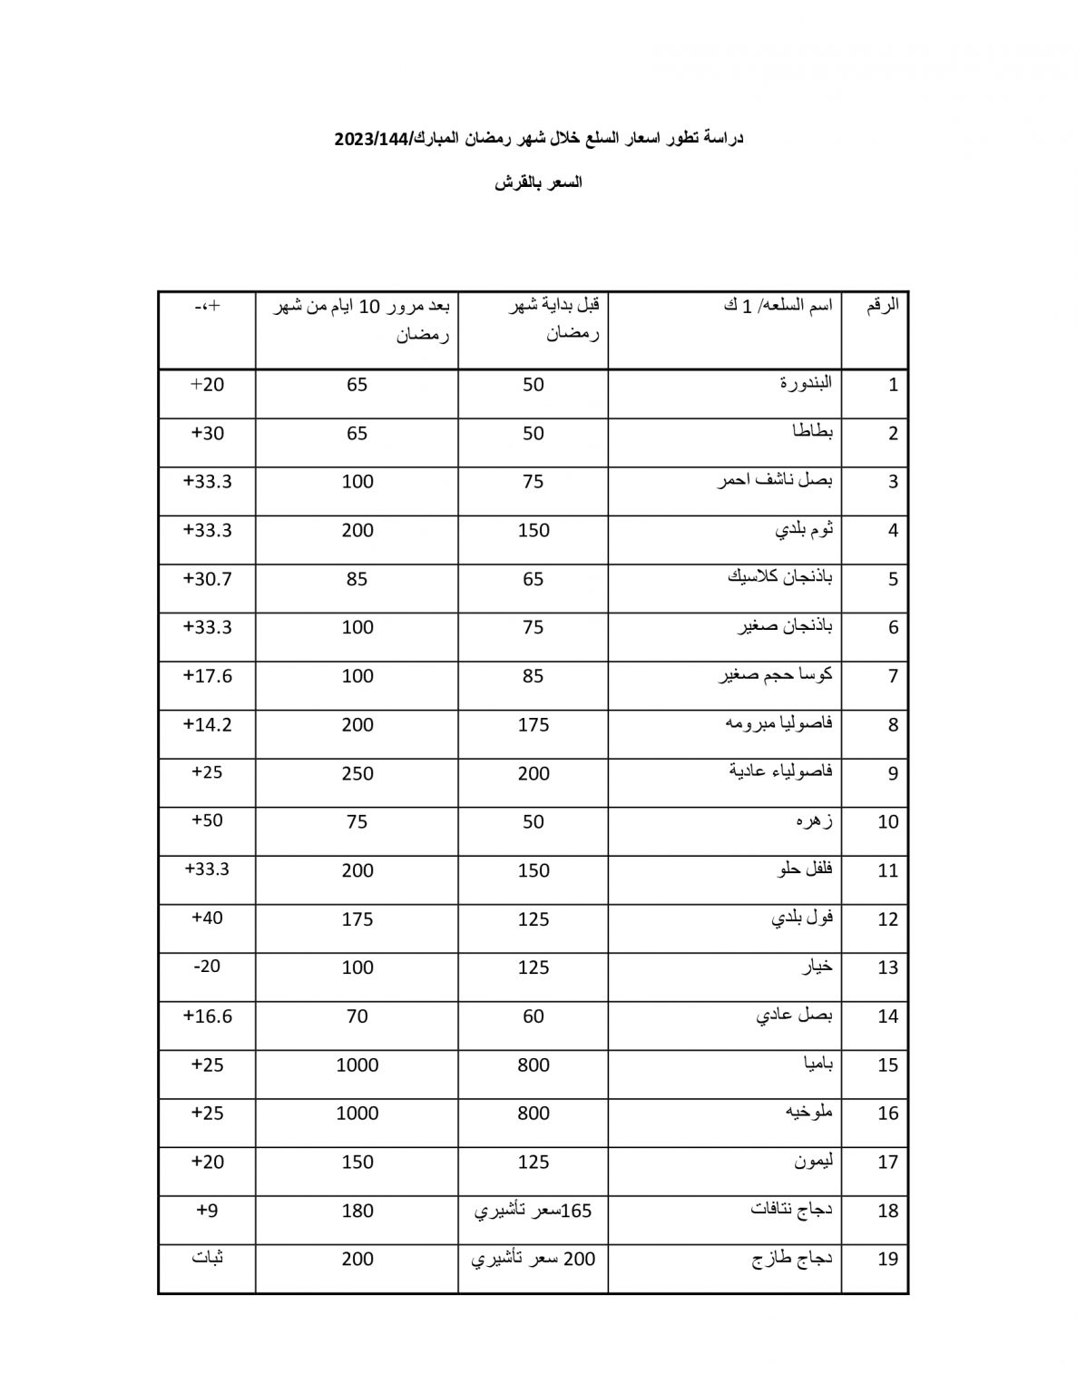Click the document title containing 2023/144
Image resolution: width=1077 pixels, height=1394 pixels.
pyautogui.click(x=538, y=138)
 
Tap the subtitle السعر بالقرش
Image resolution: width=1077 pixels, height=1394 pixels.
pyautogui.click(x=538, y=182)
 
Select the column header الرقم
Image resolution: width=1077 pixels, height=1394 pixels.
pyautogui.click(x=882, y=305)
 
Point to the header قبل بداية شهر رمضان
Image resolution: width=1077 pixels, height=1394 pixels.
pyautogui.click(x=554, y=319)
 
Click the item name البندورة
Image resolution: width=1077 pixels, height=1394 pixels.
pyautogui.click(x=805, y=383)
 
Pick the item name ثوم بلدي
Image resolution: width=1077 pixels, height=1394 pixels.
pyautogui.click(x=803, y=529)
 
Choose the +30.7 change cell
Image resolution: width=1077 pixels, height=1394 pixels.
pyautogui.click(x=208, y=578)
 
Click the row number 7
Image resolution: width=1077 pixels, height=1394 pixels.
pyautogui.click(x=893, y=676)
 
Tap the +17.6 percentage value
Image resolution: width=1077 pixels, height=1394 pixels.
pyautogui.click(x=208, y=675)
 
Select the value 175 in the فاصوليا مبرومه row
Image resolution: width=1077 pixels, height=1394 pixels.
pyautogui.click(x=534, y=725)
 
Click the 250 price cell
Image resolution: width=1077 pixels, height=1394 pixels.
pyautogui.click(x=357, y=773)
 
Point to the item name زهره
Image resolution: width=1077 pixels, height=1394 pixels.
pyautogui.click(x=814, y=821)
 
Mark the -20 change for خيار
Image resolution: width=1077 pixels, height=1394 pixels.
pyautogui.click(x=208, y=967)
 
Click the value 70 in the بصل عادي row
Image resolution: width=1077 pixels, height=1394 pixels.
pyautogui.click(x=357, y=1016)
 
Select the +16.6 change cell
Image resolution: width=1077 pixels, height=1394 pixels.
pyautogui.click(x=208, y=1016)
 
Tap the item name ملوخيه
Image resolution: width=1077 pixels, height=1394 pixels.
pyautogui.click(x=808, y=1113)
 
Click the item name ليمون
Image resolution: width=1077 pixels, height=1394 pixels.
pyautogui.click(x=812, y=1162)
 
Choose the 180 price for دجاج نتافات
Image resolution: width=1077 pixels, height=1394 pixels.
pyautogui.click(x=357, y=1211)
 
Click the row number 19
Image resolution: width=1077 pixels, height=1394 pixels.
pyautogui.click(x=887, y=1260)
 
